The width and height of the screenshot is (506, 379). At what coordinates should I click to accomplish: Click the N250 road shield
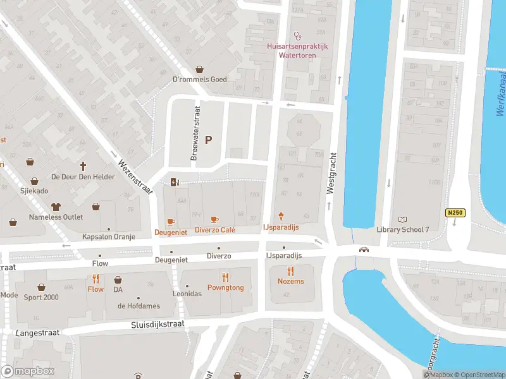(455, 214)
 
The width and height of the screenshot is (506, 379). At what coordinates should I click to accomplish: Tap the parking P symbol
(208, 140)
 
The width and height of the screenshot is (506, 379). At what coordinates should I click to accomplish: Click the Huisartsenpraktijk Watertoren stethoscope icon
(295, 36)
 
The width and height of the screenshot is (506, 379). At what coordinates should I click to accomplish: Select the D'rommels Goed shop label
(199, 79)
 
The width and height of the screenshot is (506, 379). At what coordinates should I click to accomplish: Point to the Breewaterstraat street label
(195, 132)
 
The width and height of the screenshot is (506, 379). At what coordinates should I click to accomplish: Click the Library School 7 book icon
(402, 219)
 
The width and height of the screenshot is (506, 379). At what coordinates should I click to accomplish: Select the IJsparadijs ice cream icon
(281, 217)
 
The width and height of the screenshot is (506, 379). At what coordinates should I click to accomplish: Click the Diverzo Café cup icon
(214, 220)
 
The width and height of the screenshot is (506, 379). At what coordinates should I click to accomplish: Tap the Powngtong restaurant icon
(225, 277)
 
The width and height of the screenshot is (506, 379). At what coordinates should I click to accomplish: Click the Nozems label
(291, 281)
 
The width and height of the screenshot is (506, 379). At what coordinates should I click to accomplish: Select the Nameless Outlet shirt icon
(56, 206)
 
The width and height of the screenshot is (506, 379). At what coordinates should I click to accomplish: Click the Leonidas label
(187, 294)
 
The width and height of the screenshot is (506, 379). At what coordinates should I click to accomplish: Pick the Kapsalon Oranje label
(109, 236)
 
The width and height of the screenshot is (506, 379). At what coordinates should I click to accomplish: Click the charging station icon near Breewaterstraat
(175, 183)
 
